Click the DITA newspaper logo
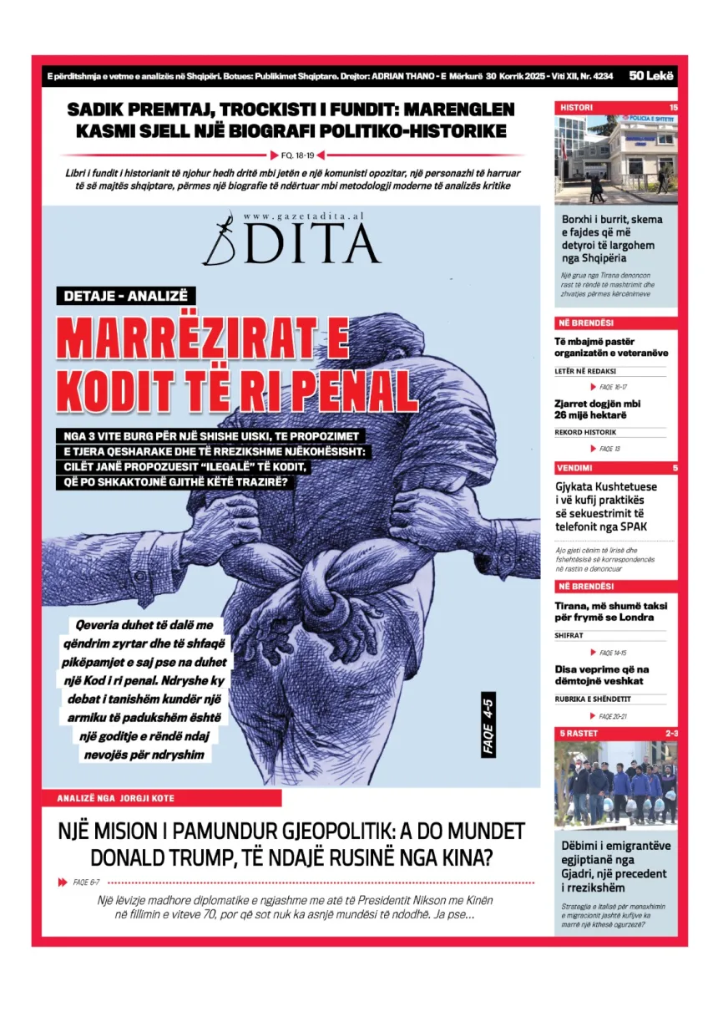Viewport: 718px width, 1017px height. (x=291, y=242)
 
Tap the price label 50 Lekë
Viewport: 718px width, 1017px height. (x=652, y=75)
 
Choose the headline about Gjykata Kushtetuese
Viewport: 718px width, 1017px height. (x=606, y=506)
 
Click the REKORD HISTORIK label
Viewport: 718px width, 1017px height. (x=585, y=432)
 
